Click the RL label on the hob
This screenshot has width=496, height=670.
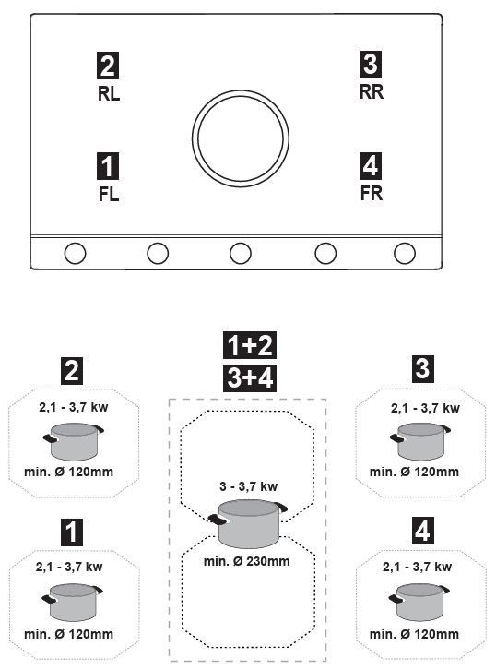tap(109, 93)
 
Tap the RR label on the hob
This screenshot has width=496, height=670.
tap(372, 92)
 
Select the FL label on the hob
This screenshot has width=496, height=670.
tap(109, 195)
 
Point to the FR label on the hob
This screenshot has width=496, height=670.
tap(372, 193)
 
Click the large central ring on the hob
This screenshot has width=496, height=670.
tap(241, 90)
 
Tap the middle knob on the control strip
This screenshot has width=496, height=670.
tap(241, 254)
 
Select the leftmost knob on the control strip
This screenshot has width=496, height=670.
tap(75, 254)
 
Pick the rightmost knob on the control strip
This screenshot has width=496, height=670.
tap(405, 254)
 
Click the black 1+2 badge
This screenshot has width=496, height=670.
tap(250, 345)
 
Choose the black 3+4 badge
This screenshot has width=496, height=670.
tap(250, 378)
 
